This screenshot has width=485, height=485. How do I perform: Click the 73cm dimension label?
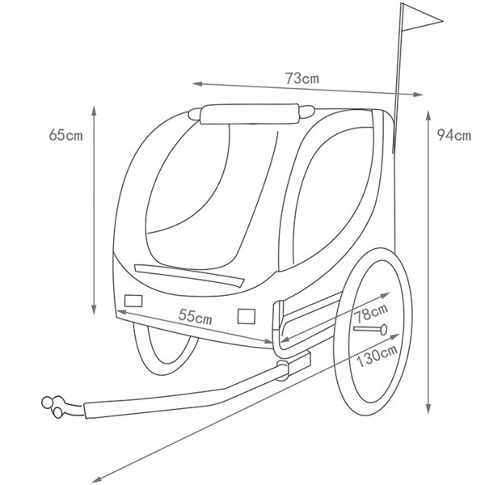pyautogui.click(x=301, y=79)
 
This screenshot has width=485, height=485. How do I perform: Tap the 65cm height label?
pyautogui.click(x=65, y=135)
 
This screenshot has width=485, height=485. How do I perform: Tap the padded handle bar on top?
pyautogui.click(x=251, y=113)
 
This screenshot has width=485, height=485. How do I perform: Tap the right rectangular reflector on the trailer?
pyautogui.click(x=247, y=314)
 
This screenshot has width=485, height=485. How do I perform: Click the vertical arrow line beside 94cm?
pyautogui.click(x=426, y=259)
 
